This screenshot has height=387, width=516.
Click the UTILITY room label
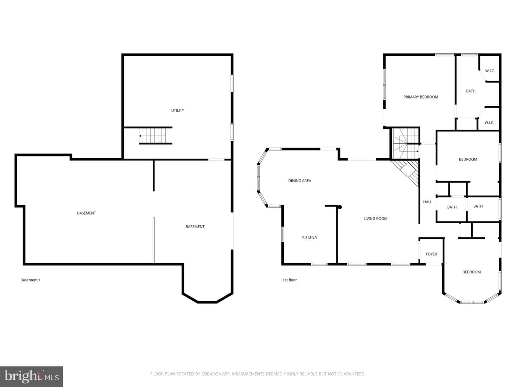[177, 110]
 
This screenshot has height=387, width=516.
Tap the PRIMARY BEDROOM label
[421, 97]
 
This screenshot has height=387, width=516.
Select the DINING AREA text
[300, 181]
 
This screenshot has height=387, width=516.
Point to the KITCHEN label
[310, 237]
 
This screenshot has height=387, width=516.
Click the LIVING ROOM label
[375, 219]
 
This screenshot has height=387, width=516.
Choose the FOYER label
[431, 254]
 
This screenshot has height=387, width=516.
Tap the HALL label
[427, 202]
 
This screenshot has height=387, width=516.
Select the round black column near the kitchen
[339, 207]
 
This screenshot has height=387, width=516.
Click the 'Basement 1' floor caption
[30, 280]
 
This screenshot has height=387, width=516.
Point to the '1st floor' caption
[290, 280]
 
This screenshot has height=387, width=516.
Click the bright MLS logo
[32, 377]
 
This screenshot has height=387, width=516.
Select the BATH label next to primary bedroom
[470, 91]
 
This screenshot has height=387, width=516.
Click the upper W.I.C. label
[490, 71]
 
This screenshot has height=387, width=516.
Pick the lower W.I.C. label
[489, 123]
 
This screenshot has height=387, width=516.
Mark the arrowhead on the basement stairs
[140, 136]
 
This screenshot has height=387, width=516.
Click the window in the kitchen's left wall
[282, 234]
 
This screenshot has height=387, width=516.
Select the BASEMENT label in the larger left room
[86, 213]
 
